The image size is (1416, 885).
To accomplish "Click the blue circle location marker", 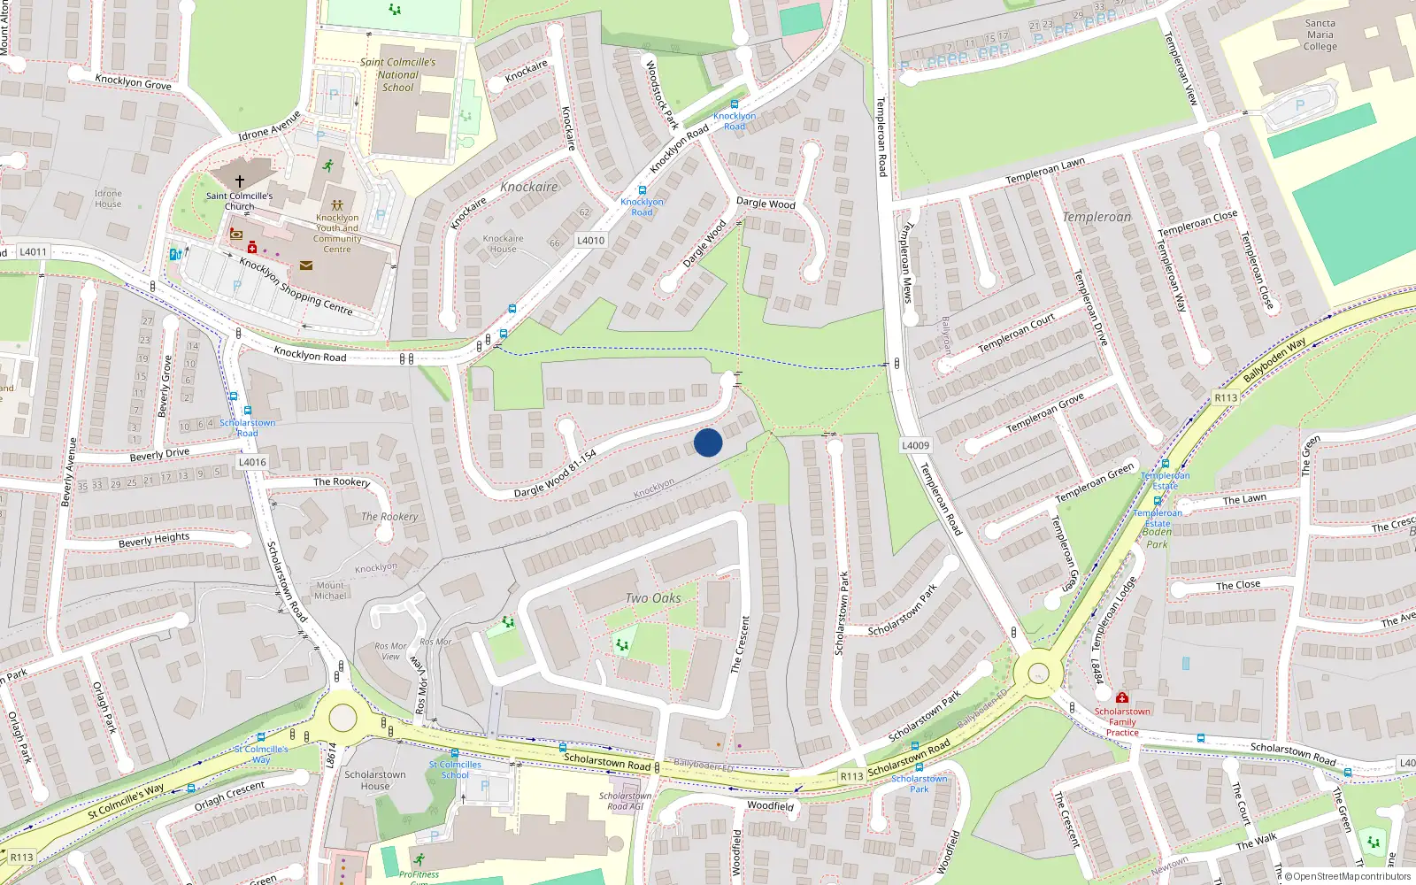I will (708, 442).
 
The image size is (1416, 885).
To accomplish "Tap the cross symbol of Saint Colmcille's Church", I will (239, 181).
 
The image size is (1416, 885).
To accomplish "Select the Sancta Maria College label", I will (1320, 35).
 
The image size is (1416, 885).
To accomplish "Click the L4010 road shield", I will (590, 241).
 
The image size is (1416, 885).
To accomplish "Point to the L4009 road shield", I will (915, 445).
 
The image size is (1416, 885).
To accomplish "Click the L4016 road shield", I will (252, 462).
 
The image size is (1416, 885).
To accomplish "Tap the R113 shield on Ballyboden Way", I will (1225, 398).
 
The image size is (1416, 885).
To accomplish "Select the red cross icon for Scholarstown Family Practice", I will (1122, 698).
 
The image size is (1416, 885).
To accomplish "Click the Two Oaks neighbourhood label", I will (653, 598).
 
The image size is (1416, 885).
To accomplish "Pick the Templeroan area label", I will (1097, 217).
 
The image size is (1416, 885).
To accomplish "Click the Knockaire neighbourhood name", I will (528, 187).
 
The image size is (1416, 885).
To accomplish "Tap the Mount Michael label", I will (330, 590).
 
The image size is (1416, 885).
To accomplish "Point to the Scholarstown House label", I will (375, 780).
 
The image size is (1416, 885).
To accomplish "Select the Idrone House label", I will (108, 198).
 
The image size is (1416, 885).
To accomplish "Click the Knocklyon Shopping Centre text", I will (296, 286).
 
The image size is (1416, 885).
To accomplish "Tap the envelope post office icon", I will (306, 265).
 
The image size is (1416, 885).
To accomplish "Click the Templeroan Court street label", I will (1016, 333).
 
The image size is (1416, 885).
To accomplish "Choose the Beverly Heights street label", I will (154, 540).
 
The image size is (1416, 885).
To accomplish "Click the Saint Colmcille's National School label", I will (398, 75).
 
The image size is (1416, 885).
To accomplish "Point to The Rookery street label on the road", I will (342, 482).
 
